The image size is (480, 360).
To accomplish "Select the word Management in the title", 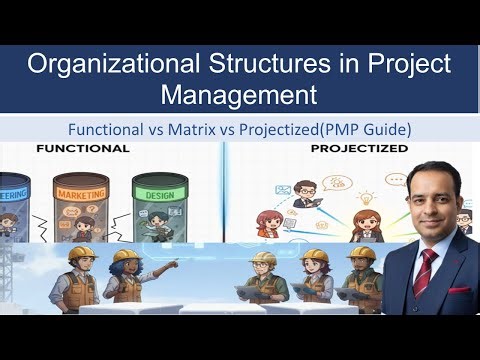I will click(x=240, y=96).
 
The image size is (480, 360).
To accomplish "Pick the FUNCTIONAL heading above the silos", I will click(x=82, y=148).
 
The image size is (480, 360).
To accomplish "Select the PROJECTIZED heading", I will click(x=360, y=148).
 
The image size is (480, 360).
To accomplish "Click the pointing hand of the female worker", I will click(x=174, y=262).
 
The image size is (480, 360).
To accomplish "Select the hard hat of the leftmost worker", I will click(x=80, y=255).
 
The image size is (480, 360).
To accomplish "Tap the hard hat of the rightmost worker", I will click(x=362, y=254).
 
